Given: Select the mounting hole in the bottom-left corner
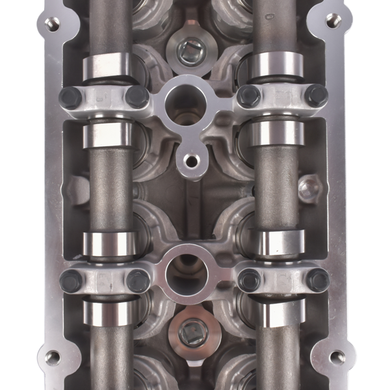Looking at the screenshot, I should tap(53, 357).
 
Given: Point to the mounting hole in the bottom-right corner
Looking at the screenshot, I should tap(337, 357).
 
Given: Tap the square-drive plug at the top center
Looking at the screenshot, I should tap(190, 50).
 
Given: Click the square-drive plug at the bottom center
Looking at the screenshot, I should tap(193, 334).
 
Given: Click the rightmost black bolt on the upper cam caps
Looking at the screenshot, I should tap(316, 96).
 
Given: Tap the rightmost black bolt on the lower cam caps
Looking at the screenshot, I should tap(317, 280).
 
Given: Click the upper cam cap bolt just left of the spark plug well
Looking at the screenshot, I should tap(137, 97).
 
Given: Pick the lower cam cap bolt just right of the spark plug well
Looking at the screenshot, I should tap(249, 280).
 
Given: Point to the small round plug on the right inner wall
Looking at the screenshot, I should tap(308, 191).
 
